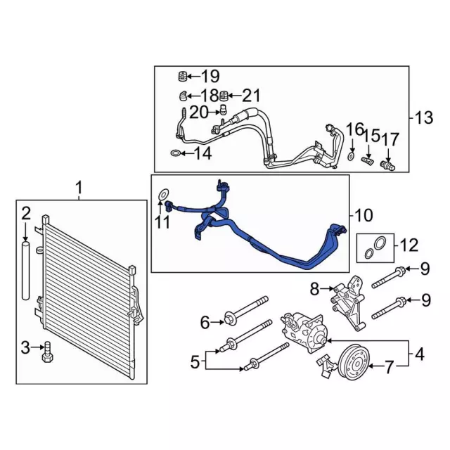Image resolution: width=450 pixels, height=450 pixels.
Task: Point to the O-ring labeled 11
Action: coord(164,193)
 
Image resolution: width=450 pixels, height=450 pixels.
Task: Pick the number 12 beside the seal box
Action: coord(409,245)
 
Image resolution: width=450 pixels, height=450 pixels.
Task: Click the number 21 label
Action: coord(251,95)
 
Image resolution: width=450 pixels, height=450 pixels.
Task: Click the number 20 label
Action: coord(199,112)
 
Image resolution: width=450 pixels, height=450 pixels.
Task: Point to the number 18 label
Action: coord(209,95)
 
